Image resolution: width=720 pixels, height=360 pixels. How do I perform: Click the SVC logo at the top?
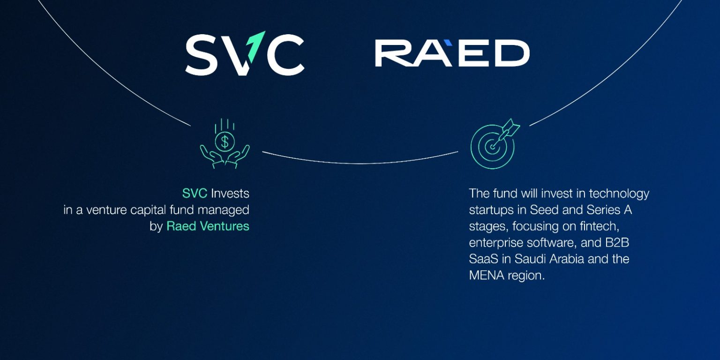[x=245, y=53]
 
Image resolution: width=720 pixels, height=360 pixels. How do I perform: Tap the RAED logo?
[x=452, y=53]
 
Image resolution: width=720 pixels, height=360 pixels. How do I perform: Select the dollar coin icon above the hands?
[x=225, y=142]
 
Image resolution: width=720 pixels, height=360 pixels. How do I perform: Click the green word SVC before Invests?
[x=195, y=194]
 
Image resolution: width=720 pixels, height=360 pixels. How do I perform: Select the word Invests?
[x=230, y=194]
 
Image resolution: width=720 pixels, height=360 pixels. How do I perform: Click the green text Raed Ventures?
[x=208, y=226]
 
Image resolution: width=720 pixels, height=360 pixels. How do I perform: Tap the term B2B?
[x=617, y=243]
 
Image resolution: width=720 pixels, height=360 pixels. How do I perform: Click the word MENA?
[x=487, y=276]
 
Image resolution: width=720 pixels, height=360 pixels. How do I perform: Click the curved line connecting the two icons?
[x=360, y=163]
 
